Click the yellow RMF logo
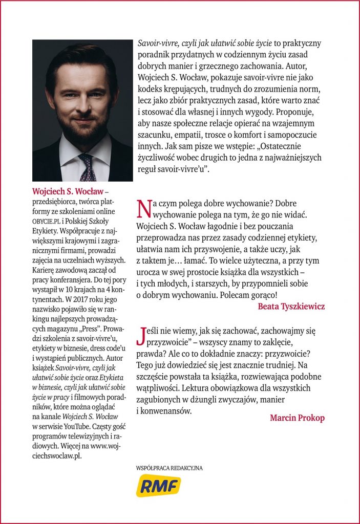point(158,486)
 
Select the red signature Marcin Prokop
point(297,418)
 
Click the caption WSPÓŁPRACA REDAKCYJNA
point(169,468)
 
